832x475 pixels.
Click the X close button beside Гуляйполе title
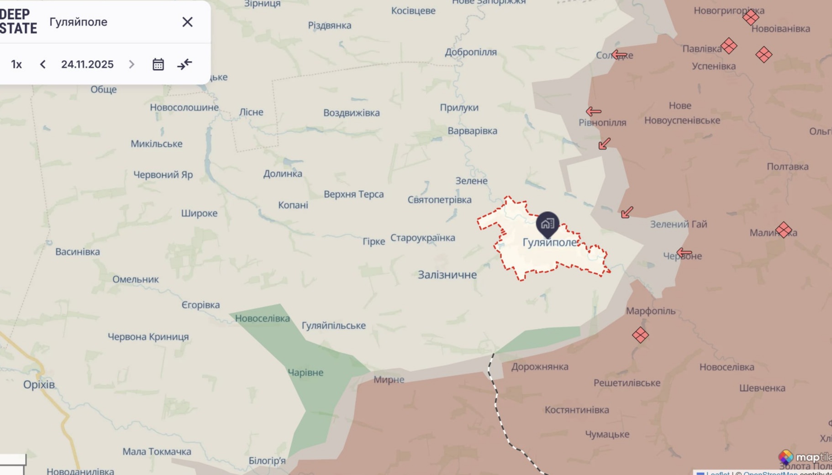pyautogui.click(x=187, y=22)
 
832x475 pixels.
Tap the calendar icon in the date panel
pyautogui.click(x=158, y=64)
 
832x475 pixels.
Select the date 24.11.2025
pyautogui.click(x=87, y=64)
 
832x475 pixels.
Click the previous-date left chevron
pyautogui.click(x=43, y=64)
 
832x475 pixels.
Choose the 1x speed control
pyautogui.click(x=16, y=64)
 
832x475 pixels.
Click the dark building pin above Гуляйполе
pyautogui.click(x=548, y=224)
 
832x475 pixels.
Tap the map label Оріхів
pyautogui.click(x=39, y=384)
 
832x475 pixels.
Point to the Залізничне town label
pyautogui.click(x=447, y=275)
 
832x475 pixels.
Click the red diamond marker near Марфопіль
pyautogui.click(x=640, y=335)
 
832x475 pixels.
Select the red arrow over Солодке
pyautogui.click(x=619, y=55)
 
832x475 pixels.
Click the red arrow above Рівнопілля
pyautogui.click(x=593, y=111)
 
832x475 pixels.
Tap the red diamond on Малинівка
pyautogui.click(x=784, y=230)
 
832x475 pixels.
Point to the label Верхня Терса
pyautogui.click(x=353, y=194)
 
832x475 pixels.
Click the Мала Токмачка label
pyautogui.click(x=157, y=451)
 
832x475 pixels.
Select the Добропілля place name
pyautogui.click(x=470, y=52)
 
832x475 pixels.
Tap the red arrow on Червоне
pyautogui.click(x=684, y=252)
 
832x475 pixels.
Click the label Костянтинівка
pyautogui.click(x=577, y=410)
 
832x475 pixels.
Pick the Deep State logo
pyautogui.click(x=18, y=21)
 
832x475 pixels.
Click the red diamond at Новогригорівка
pyautogui.click(x=751, y=17)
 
